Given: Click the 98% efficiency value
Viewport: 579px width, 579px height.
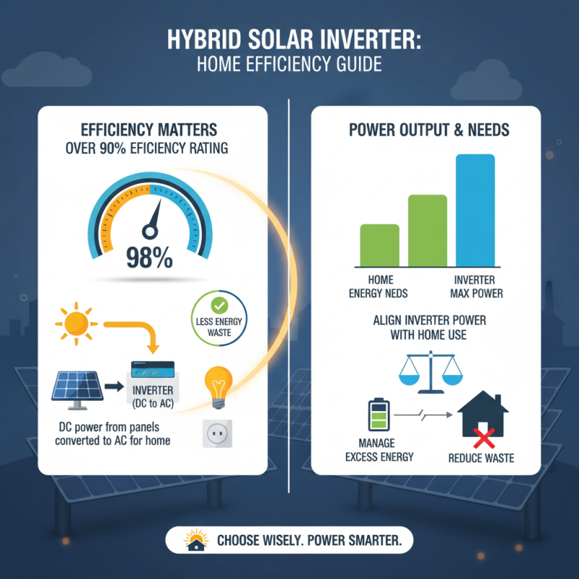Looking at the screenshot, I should coord(149,257).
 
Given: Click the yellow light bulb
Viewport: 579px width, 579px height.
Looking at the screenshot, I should coord(218,384).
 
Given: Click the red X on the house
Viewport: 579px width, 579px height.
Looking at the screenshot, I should coord(484,434).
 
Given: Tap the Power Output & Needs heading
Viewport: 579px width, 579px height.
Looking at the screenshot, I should coord(429,130).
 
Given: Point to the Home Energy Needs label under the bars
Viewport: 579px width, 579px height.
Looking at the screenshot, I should coord(379,287).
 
